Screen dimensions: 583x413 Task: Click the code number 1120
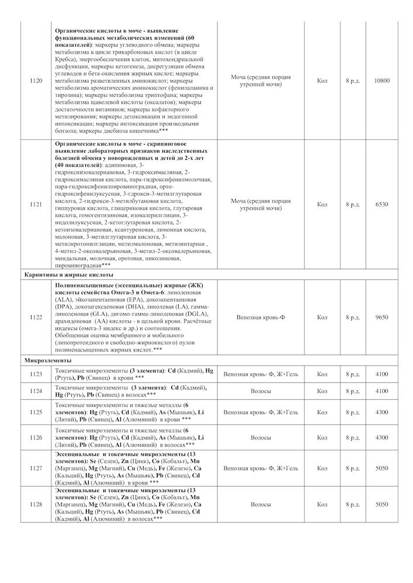tap(36, 80)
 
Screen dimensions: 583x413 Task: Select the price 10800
tap(381, 80)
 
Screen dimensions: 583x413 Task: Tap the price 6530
tap(381, 205)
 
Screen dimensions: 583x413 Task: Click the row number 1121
tap(36, 205)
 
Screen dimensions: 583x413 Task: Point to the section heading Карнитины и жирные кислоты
tap(69, 274)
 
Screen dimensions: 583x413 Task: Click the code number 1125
tap(36, 412)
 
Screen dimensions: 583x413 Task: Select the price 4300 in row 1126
tap(381, 437)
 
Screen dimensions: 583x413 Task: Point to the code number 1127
tap(36, 468)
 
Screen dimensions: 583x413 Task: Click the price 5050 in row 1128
tap(381, 504)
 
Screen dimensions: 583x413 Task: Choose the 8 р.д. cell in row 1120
tap(352, 80)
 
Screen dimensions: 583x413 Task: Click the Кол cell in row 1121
tap(322, 205)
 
